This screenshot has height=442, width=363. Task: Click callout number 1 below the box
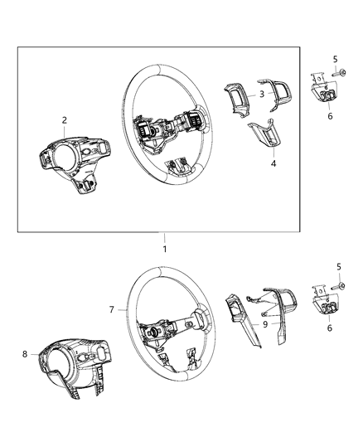(164, 249)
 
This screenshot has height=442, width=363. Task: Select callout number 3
(262, 95)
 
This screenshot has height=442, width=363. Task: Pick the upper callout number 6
(329, 118)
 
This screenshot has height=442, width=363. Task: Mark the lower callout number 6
(329, 328)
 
